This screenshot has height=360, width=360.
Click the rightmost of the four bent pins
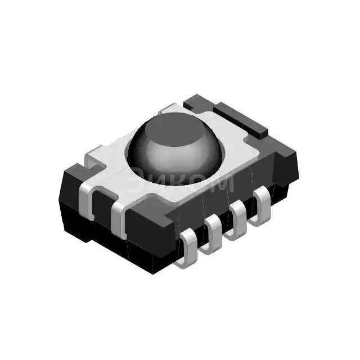(x=261, y=206)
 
